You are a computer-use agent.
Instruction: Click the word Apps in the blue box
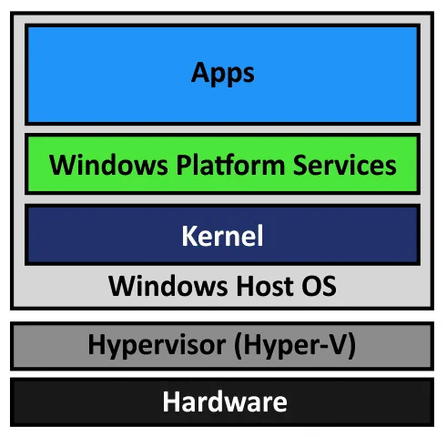coord(223,73)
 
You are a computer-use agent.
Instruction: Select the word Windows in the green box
coord(108,165)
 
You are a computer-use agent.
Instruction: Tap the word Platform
coord(230,165)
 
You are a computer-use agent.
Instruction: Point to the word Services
coord(345,165)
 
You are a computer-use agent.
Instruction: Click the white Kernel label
coord(222,236)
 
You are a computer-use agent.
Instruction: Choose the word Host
coord(265,286)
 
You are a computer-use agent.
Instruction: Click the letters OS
coord(320,286)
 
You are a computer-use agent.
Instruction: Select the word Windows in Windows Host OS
coord(168,286)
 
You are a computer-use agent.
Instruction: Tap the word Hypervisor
coord(157,345)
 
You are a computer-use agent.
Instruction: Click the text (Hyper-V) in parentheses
coord(295,345)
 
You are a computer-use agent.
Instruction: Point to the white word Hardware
coord(225,401)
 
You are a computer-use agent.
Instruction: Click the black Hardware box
coord(222,402)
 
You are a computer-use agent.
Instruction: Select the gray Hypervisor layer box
coord(222,346)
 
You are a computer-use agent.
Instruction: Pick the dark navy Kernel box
coord(223,235)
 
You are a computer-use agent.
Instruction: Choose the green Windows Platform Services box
coord(223,164)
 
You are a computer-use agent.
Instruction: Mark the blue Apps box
coord(223,75)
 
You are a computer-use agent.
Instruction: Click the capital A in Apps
coord(200,72)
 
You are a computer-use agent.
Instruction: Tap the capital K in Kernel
coord(190,236)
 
